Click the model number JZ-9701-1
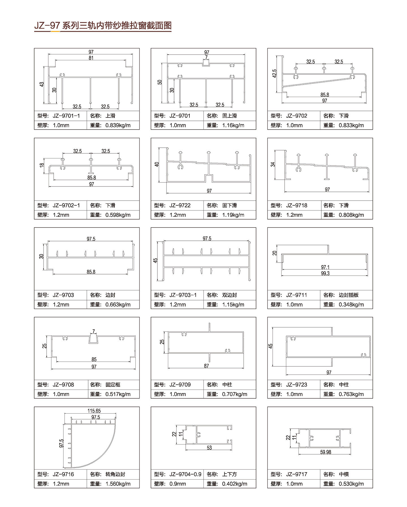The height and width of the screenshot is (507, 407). click(66, 116)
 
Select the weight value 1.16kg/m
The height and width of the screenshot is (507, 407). click(233, 125)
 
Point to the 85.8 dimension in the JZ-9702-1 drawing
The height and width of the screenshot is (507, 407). click(92, 178)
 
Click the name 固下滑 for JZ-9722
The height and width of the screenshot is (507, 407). click(230, 205)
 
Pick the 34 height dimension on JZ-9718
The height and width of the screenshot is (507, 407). click(273, 164)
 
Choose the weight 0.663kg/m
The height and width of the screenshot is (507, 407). click(118, 305)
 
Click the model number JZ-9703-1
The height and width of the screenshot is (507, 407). click(183, 295)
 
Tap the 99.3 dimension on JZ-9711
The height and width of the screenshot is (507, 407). click(325, 274)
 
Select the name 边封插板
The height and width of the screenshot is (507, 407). click(349, 295)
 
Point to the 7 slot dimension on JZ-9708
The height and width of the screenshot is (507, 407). click(94, 331)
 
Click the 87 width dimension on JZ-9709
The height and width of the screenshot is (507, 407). click(207, 366)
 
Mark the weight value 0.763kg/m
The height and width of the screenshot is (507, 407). click(351, 394)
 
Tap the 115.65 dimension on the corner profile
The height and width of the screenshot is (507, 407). click(94, 411)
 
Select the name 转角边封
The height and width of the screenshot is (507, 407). click(115, 474)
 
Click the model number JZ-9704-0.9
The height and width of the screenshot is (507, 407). click(185, 474)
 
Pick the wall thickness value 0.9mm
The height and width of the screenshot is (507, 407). click(178, 484)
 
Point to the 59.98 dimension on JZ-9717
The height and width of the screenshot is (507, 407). click(326, 452)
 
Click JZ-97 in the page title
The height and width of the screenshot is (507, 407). click(47, 26)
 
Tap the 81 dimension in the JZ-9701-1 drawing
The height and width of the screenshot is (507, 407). click(91, 58)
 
